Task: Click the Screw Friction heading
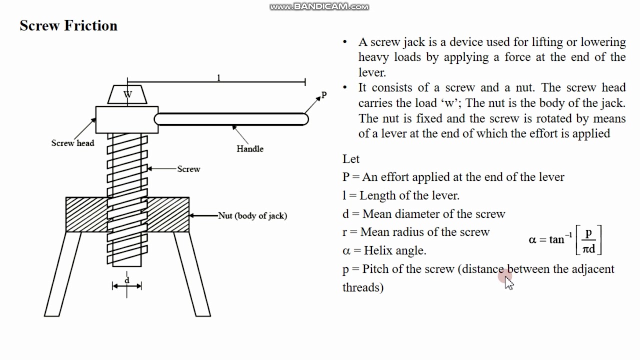[68, 26]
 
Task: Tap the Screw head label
[72, 143]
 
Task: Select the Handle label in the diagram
[250, 148]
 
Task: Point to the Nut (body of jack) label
[252, 216]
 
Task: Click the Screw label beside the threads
[188, 169]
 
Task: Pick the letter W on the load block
[128, 94]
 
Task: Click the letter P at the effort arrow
[324, 95]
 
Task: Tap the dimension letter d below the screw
[127, 280]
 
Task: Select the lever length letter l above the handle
[218, 77]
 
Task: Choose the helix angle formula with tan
[565, 240]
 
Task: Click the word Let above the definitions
[351, 159]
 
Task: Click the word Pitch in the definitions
[376, 269]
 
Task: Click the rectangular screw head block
[126, 119]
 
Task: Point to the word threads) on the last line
[363, 287]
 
